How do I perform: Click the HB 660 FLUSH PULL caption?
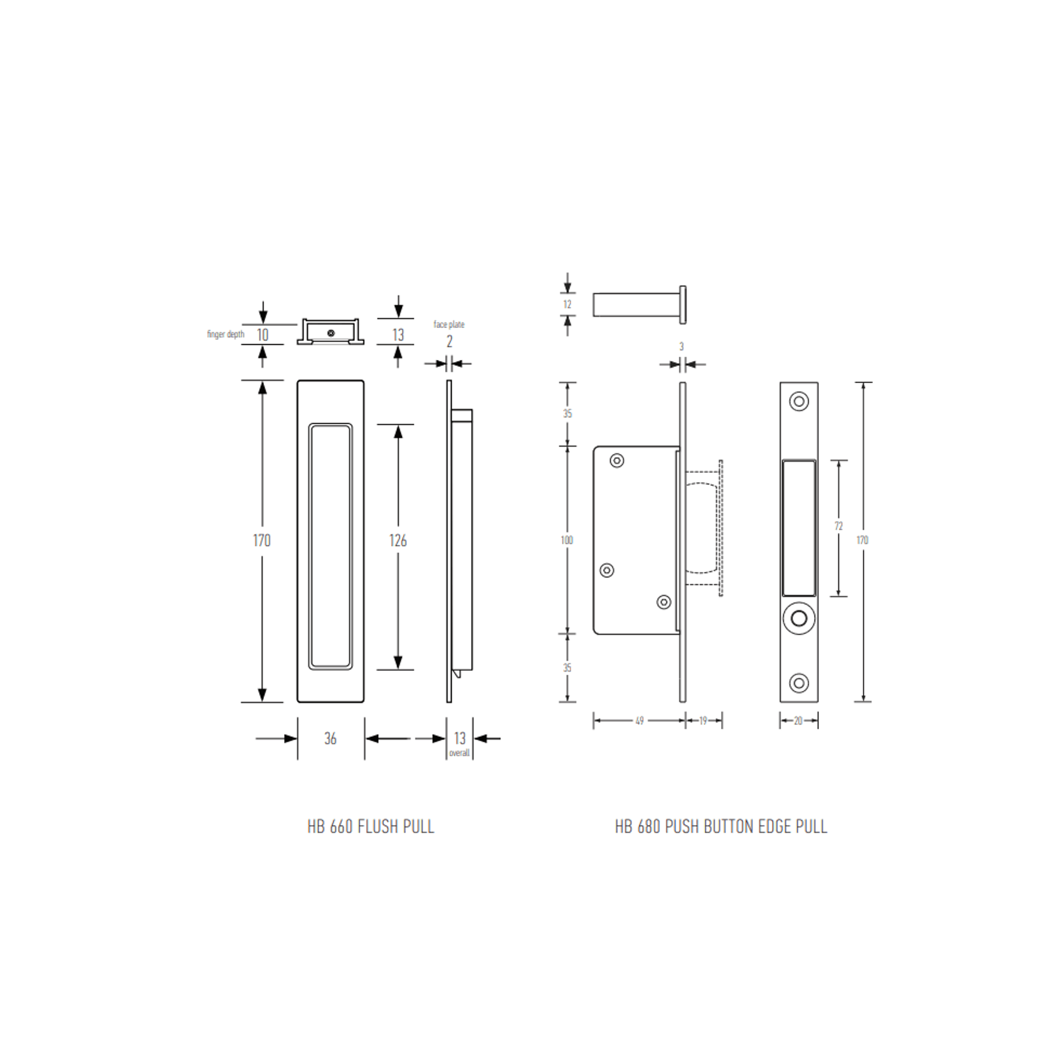pyautogui.click(x=371, y=827)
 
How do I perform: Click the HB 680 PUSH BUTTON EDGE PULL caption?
pyautogui.click(x=721, y=827)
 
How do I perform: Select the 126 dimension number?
pyautogui.click(x=398, y=541)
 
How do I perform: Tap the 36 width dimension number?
pyautogui.click(x=330, y=739)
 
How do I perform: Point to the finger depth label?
pyautogui.click(x=225, y=334)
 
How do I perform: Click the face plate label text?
pyautogui.click(x=449, y=324)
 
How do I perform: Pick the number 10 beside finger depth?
pyautogui.click(x=262, y=335)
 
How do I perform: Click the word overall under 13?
pyautogui.click(x=459, y=753)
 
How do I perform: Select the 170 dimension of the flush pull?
pyautogui.click(x=261, y=541)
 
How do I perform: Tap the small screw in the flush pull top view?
pyautogui.click(x=330, y=333)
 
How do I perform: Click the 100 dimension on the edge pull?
pyautogui.click(x=567, y=540)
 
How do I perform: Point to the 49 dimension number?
pyautogui.click(x=639, y=721)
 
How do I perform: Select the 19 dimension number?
pyautogui.click(x=703, y=721)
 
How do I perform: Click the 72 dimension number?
pyautogui.click(x=838, y=527)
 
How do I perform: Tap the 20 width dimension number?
pyautogui.click(x=798, y=721)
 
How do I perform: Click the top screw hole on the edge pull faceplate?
pyautogui.click(x=799, y=401)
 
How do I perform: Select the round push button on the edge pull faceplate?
pyautogui.click(x=799, y=619)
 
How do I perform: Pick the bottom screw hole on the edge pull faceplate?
pyautogui.click(x=799, y=683)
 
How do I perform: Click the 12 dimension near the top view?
pyautogui.click(x=568, y=305)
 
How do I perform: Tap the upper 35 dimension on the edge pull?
pyautogui.click(x=568, y=414)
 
